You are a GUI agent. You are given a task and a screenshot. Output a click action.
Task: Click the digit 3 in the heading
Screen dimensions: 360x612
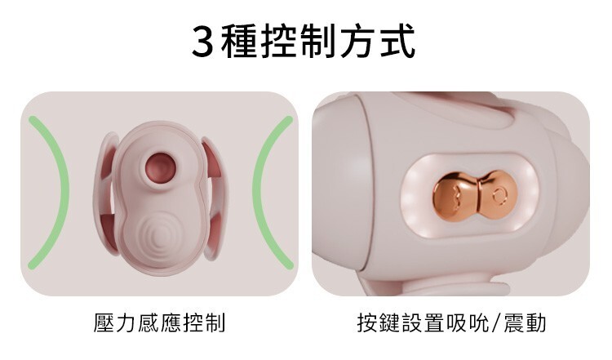tap(202, 42)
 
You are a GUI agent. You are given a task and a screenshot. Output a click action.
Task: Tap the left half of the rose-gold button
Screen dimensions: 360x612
tap(447, 194)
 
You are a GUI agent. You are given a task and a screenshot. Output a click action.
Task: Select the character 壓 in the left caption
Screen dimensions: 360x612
tap(106, 322)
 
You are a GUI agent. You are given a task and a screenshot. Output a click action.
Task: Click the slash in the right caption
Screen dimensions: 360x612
tap(494, 322)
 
